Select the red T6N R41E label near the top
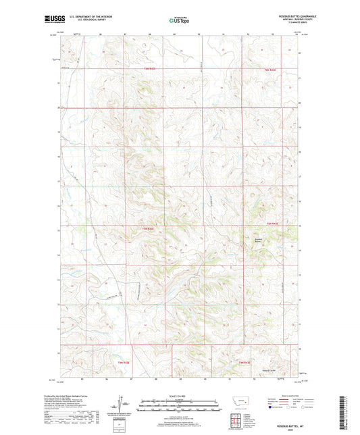click(149, 69)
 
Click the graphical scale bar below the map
click(180, 407)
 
